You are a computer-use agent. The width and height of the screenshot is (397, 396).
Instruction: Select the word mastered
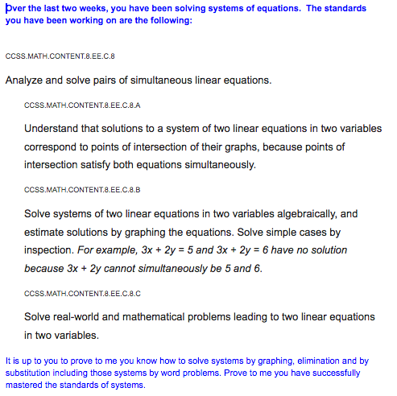tap(27, 384)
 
